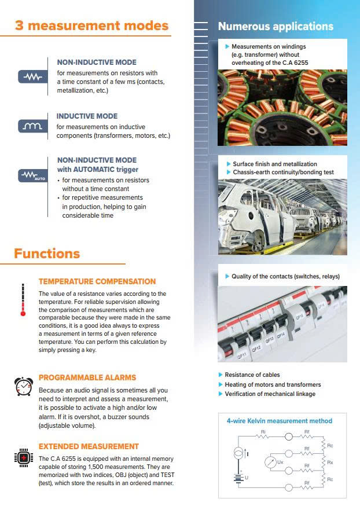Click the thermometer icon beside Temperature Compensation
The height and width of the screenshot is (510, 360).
tap(23, 299)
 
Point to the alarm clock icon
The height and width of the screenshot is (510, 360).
tap(23, 386)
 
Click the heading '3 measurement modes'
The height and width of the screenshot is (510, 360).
tap(91, 26)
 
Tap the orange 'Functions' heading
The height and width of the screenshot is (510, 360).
tap(47, 254)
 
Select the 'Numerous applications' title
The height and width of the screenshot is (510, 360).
tap(275, 26)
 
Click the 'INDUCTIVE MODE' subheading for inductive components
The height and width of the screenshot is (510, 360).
tap(87, 116)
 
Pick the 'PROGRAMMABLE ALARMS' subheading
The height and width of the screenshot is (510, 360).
tap(87, 377)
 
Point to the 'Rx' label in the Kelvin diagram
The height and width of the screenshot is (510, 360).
tap(330, 463)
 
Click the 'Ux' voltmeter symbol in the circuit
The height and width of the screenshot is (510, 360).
tap(269, 462)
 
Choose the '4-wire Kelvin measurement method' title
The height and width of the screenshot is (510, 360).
tap(280, 421)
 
